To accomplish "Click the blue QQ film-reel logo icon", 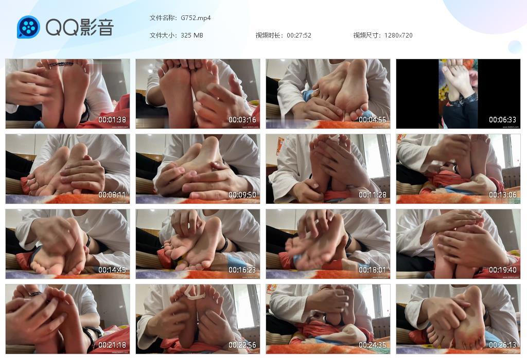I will (28, 27).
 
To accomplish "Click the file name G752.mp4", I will (196, 18).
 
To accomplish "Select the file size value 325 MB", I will (192, 35).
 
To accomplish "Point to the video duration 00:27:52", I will (298, 35).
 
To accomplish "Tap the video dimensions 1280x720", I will (398, 35).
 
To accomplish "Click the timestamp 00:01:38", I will (112, 120).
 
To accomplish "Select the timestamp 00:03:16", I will (242, 120).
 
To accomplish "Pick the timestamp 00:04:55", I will (373, 120).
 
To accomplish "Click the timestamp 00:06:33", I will (503, 120).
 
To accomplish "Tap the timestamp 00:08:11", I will (112, 195).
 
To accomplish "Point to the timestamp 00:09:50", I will (242, 195).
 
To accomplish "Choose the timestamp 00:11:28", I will (373, 195).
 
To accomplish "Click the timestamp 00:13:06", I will (503, 195).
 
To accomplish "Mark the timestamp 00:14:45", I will (112, 270).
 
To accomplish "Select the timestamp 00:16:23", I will (242, 270).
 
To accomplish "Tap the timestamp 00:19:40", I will (503, 270).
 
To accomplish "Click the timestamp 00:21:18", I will (112, 345).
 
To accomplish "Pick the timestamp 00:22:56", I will (242, 345).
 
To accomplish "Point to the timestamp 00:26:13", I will (503, 345).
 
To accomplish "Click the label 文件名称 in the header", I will (163, 18).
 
